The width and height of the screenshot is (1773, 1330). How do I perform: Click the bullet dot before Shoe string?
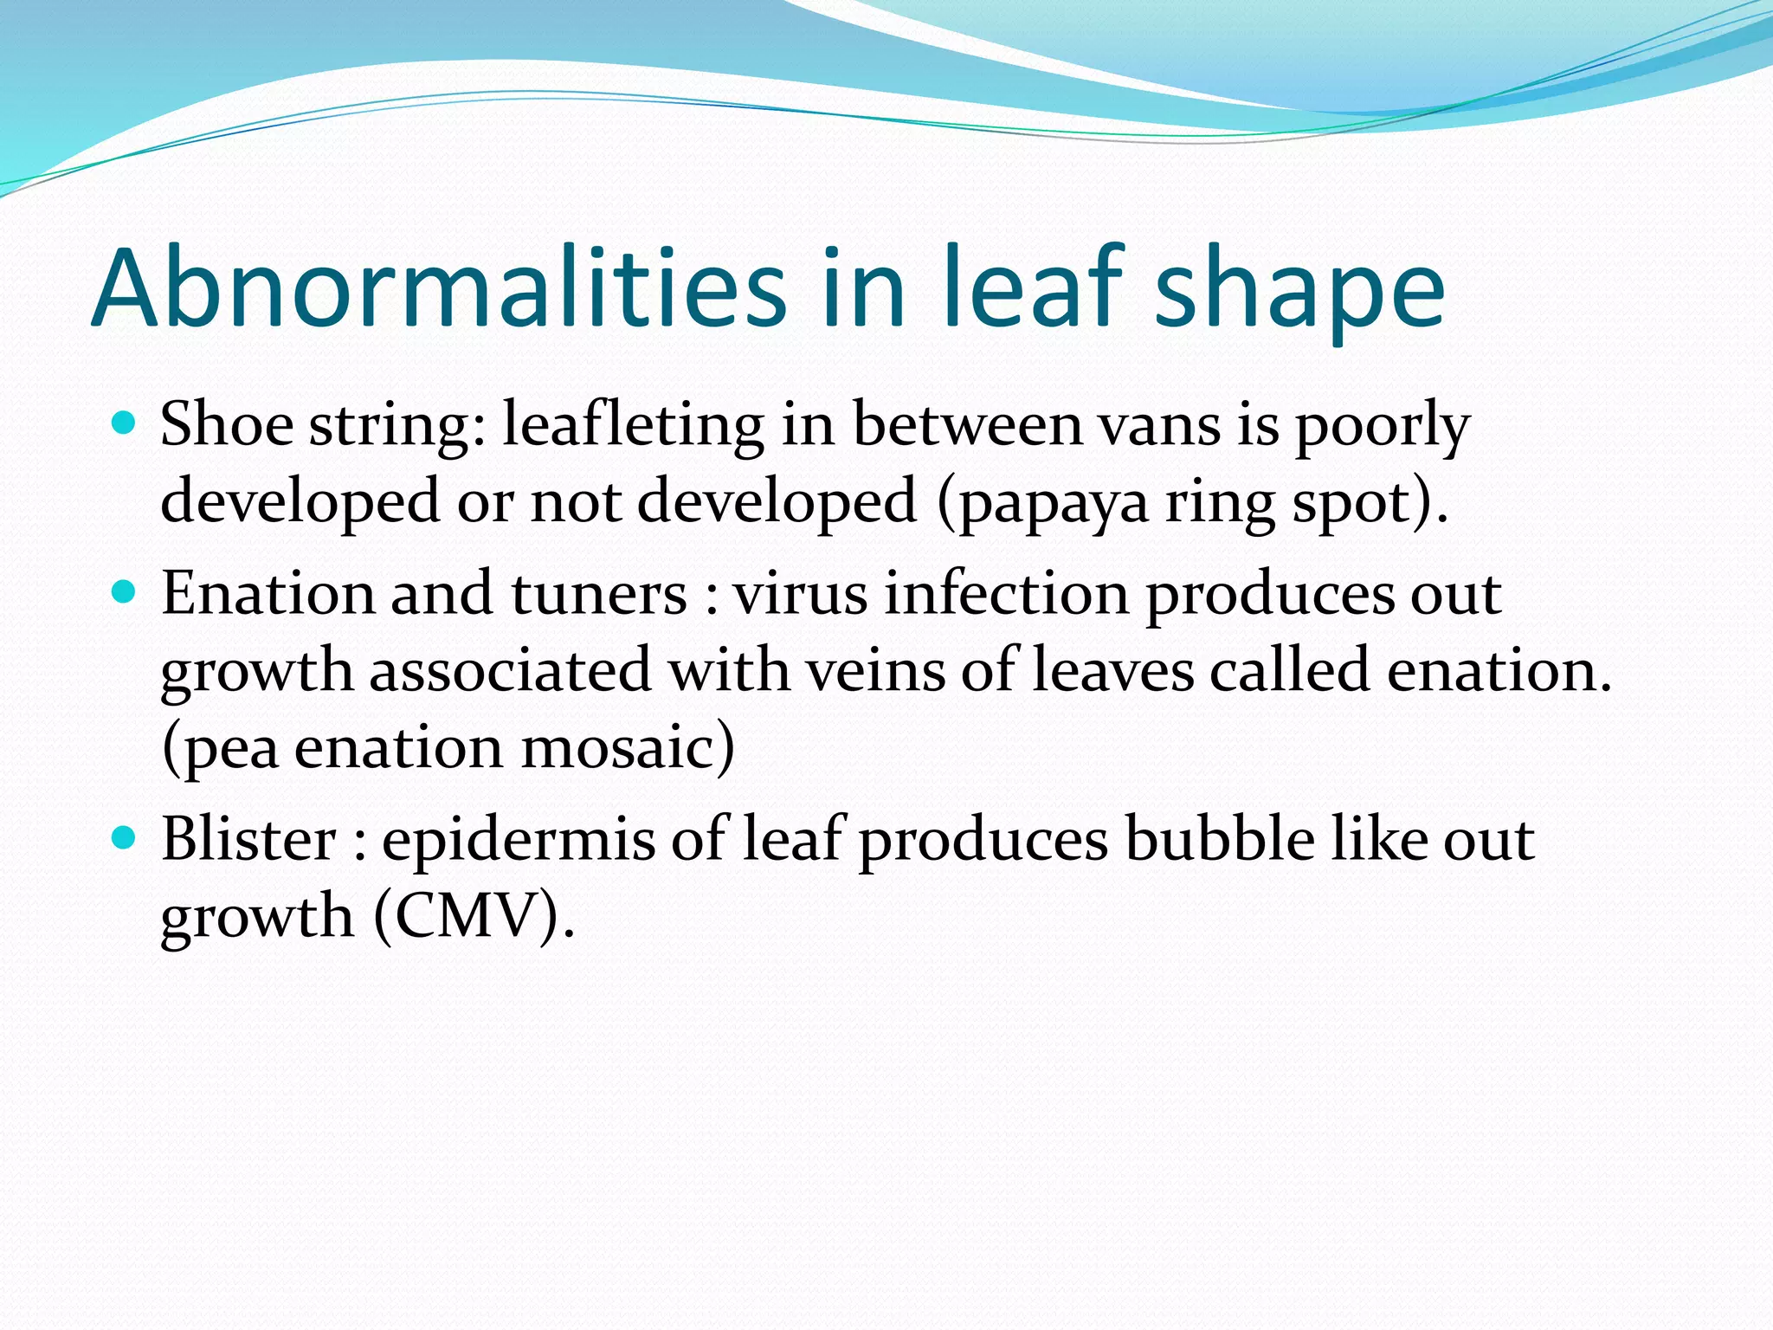pyautogui.click(x=125, y=423)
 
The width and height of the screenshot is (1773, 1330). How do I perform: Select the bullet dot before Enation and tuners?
pyautogui.click(x=125, y=592)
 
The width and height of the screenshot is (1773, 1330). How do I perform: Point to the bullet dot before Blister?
pyautogui.click(x=125, y=837)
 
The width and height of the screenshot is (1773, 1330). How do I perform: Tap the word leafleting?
pyautogui.click(x=633, y=426)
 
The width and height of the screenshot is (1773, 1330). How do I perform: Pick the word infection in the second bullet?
pyautogui.click(x=1006, y=594)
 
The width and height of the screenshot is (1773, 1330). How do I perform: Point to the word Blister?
pyautogui.click(x=248, y=839)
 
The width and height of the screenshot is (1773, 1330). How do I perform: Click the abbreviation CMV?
pyautogui.click(x=467, y=916)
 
